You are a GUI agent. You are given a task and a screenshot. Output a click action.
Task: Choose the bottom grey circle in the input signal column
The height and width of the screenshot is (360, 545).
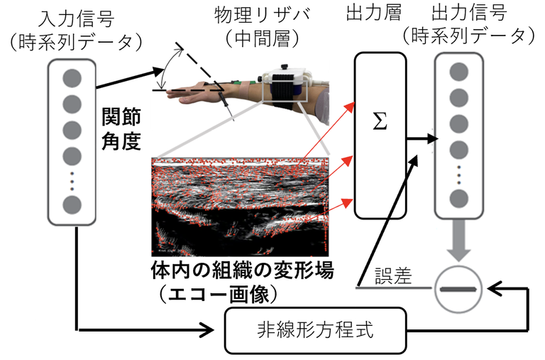click(72, 204)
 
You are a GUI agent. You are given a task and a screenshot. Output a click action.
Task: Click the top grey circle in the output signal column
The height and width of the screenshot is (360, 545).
click(459, 72)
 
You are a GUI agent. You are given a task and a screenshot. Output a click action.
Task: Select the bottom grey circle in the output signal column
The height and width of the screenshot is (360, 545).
click(459, 197)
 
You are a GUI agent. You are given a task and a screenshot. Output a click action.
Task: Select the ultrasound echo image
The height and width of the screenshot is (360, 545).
click(241, 207)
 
